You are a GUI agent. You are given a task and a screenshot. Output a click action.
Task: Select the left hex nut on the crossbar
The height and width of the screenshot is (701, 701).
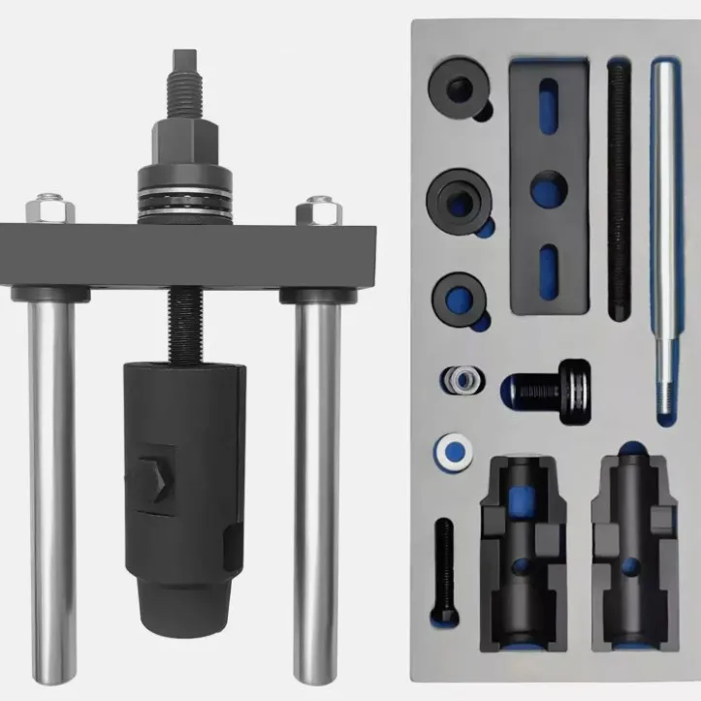coord(48,207)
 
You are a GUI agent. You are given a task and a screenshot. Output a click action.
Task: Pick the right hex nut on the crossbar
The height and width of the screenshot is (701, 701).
coord(320,209)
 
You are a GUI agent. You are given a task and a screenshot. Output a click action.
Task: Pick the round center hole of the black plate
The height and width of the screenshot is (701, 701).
coord(548,189)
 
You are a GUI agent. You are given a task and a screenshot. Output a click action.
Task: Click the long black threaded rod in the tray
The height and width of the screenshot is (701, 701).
coord(618,189)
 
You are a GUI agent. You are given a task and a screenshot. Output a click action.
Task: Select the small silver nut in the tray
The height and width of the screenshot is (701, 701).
coord(459,380)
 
